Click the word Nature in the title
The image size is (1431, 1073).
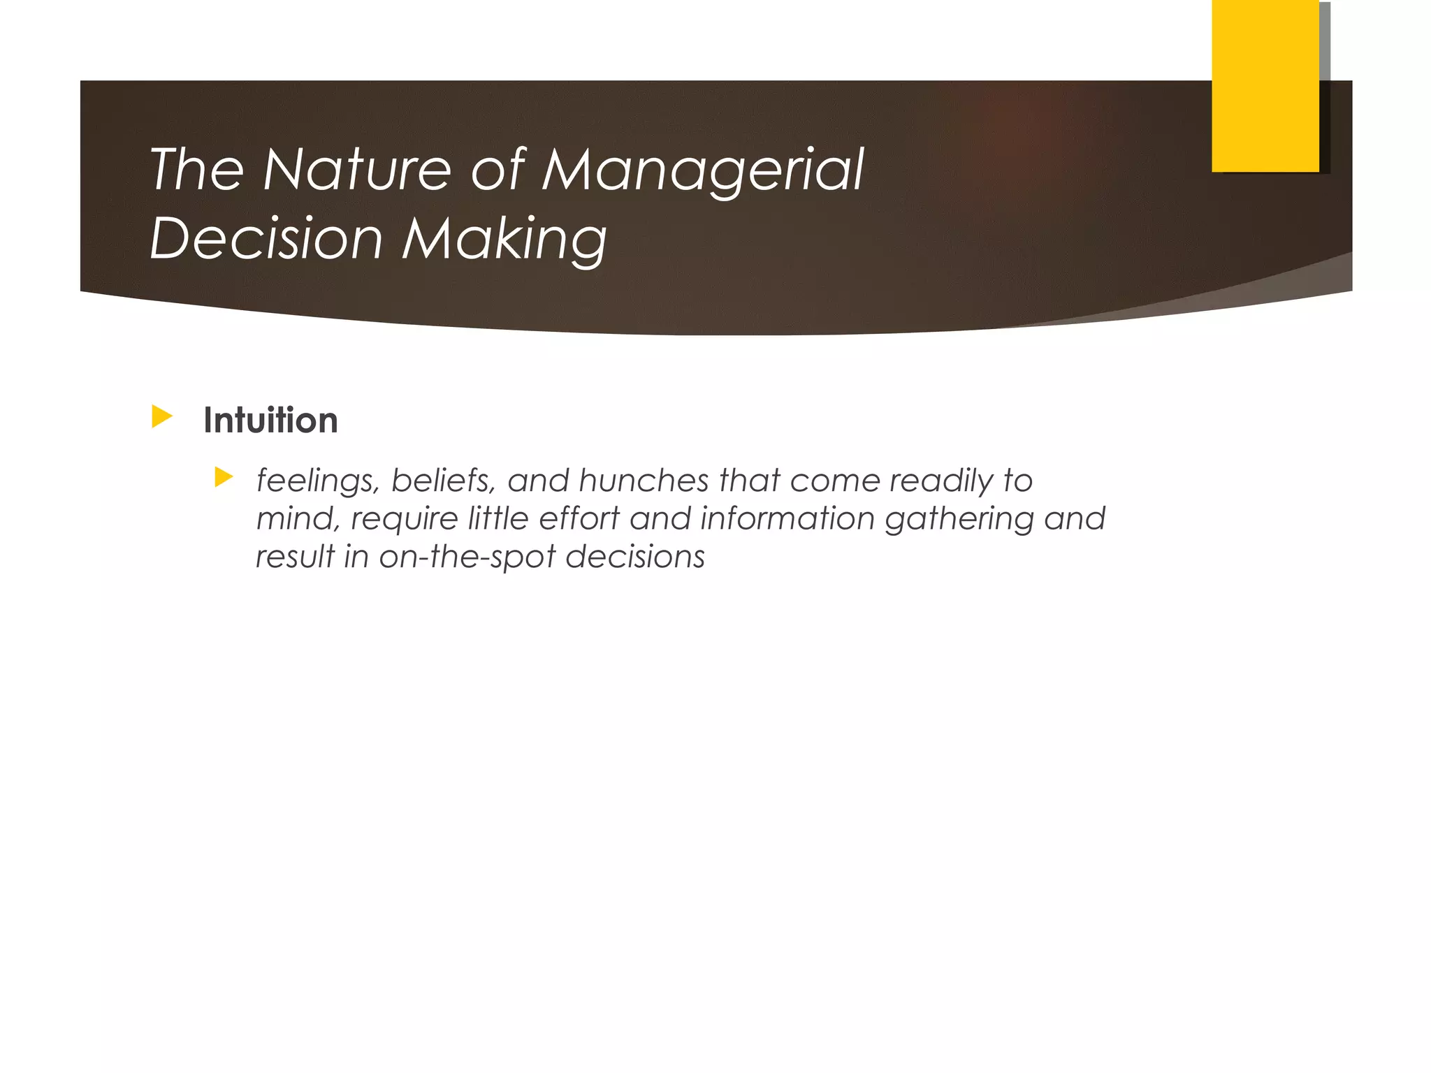tap(356, 170)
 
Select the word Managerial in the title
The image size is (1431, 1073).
tap(703, 171)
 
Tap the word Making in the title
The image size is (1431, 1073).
tap(504, 240)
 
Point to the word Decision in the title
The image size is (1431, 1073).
tap(266, 238)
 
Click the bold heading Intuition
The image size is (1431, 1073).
tap(270, 421)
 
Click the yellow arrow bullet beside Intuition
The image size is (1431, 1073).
tap(161, 417)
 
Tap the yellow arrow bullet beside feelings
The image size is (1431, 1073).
tap(224, 478)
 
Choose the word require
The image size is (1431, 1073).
tap(404, 519)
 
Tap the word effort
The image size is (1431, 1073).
tap(579, 518)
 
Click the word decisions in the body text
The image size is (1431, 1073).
tap(635, 557)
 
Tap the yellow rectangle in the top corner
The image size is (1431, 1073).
tap(1265, 86)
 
